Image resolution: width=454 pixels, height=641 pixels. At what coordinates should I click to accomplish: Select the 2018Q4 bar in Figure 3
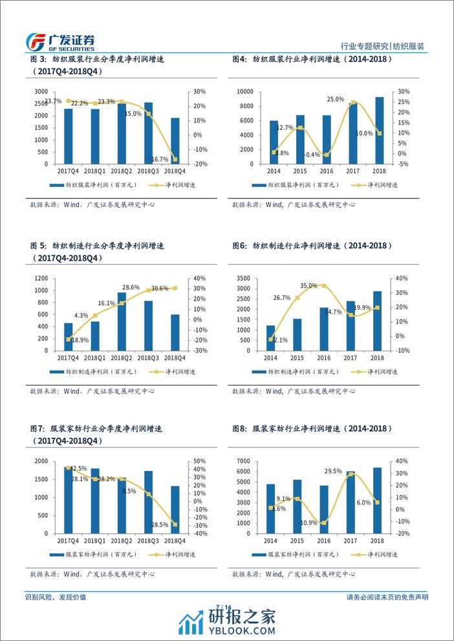coord(176,141)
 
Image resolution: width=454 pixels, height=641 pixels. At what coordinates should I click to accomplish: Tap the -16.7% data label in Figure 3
coord(158,159)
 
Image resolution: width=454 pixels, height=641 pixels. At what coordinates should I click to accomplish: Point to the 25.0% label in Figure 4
coord(335,99)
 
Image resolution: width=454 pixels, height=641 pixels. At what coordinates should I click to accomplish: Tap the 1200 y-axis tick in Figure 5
coord(41,278)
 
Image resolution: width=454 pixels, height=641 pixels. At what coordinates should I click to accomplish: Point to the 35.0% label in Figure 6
coord(308,285)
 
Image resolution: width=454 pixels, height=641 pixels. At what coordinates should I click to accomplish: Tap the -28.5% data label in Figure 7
coord(159,525)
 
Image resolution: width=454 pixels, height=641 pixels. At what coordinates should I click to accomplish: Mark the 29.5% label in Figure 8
coord(334,471)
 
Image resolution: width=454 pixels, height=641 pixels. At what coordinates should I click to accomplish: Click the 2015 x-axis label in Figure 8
coord(297,539)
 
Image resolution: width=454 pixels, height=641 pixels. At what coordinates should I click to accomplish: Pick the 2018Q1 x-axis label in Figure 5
coord(95,356)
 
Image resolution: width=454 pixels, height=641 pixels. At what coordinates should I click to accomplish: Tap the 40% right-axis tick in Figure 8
coord(402,461)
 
